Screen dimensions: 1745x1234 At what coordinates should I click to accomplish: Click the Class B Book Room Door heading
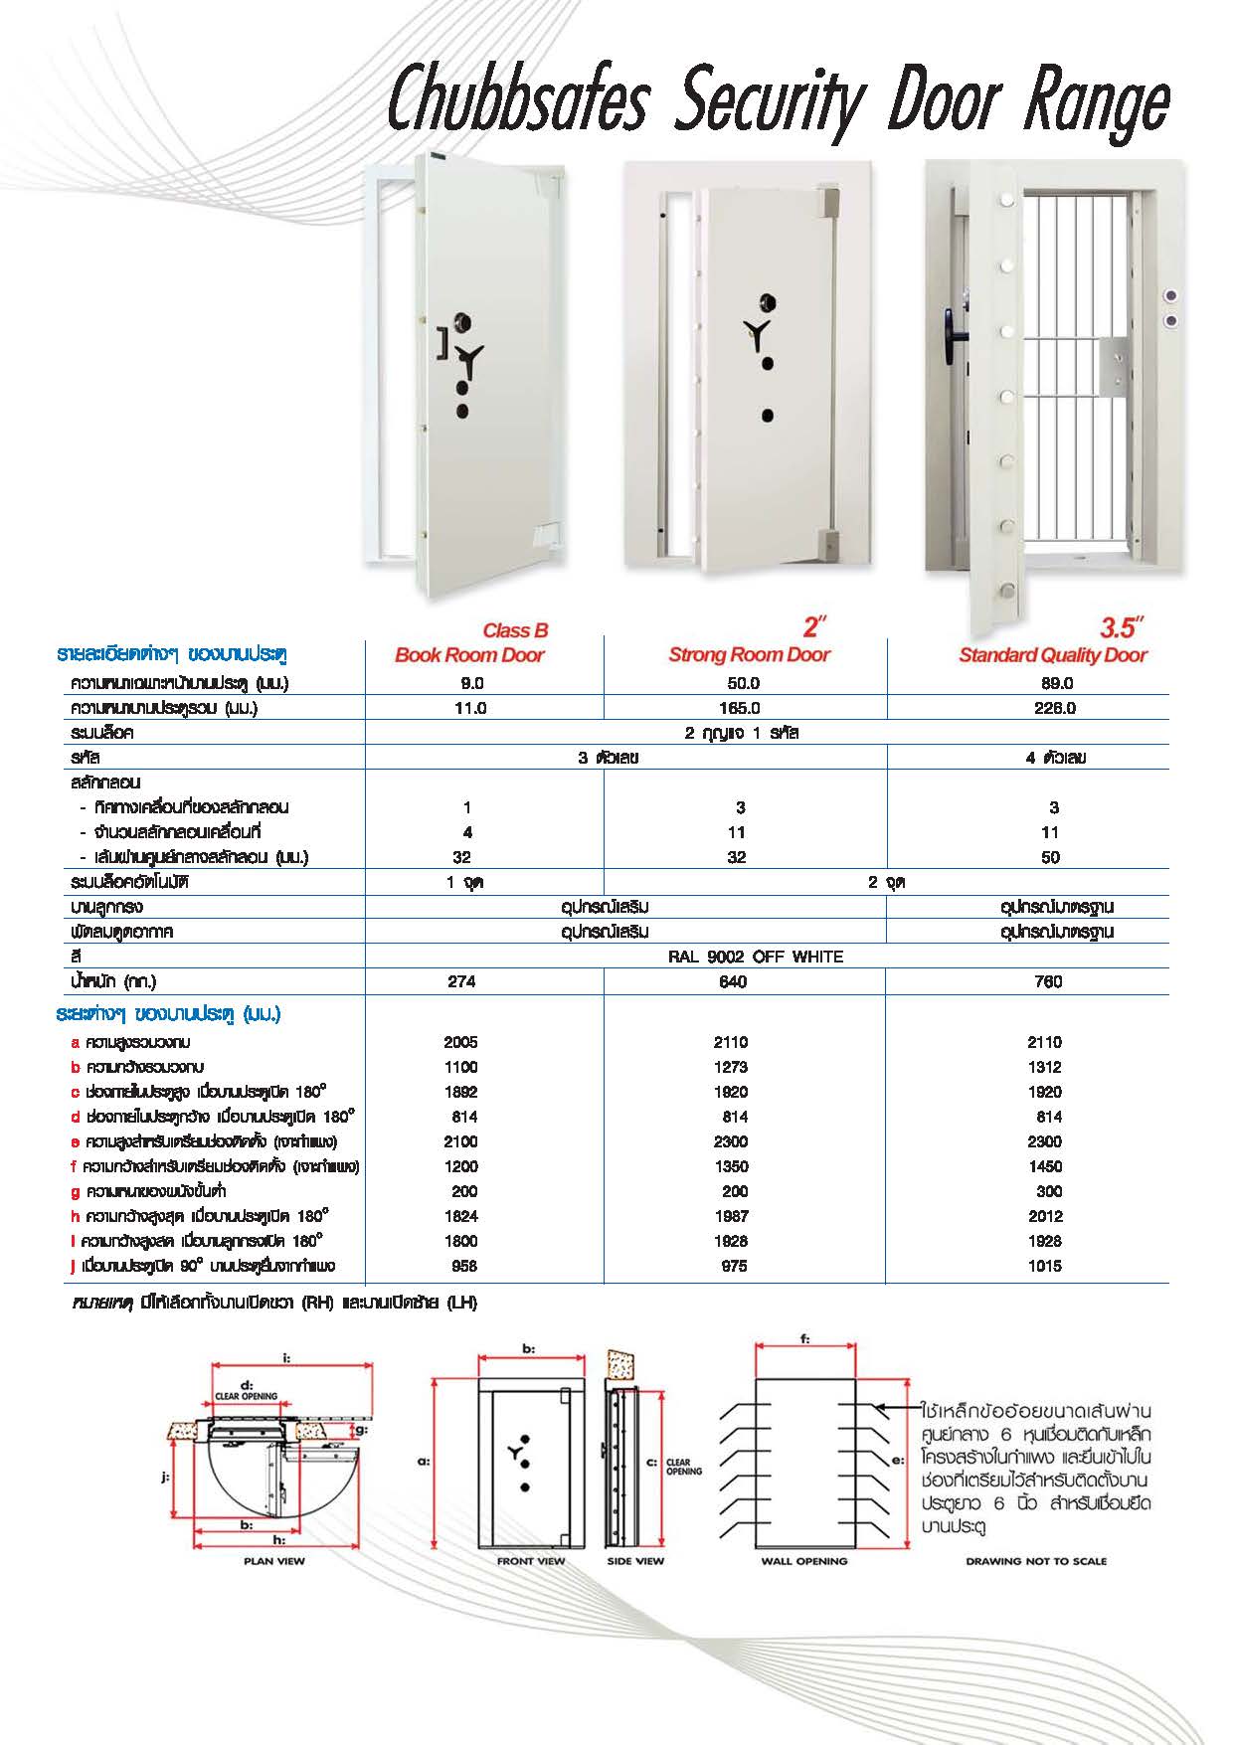coord(470,643)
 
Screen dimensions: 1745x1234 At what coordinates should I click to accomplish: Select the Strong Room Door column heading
coord(749,654)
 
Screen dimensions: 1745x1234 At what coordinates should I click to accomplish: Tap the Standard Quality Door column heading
coord(1052,655)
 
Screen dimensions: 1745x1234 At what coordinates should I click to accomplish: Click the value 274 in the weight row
coord(461,981)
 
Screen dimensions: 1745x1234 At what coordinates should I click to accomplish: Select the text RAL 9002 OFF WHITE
coord(756,957)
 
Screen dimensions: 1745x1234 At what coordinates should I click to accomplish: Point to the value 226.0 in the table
coord(1054,708)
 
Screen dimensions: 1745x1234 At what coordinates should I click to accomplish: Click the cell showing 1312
coord(1045,1067)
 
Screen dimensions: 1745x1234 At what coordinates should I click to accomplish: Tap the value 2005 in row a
coord(461,1042)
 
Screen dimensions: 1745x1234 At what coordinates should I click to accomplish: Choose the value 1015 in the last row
coord(1045,1266)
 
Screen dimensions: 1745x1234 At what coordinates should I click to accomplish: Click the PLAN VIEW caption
coord(274,1561)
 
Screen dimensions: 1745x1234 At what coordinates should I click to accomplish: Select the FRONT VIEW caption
coord(531,1561)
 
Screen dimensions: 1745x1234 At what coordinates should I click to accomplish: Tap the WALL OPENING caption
coord(804,1561)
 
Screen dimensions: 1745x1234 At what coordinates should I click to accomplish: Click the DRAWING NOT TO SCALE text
coord(1036,1561)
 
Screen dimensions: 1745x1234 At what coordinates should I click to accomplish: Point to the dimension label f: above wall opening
coord(803,1339)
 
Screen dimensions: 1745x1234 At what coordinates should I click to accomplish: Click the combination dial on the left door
coord(463,322)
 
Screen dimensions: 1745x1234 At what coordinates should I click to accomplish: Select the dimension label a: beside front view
coord(424,1462)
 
